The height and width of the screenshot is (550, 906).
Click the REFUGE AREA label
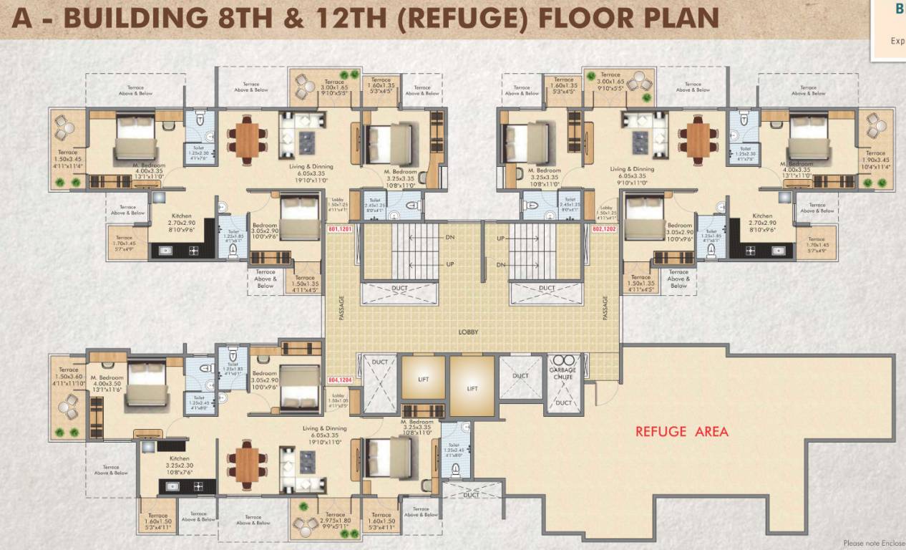click(681, 431)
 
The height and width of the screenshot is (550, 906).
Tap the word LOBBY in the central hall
click(469, 332)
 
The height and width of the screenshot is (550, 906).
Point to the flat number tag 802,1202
click(604, 229)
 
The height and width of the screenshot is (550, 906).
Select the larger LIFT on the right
click(472, 388)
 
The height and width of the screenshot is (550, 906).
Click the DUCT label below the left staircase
click(400, 289)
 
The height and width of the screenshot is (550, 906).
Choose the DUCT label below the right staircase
click(547, 289)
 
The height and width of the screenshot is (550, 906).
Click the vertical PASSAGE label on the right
click(605, 308)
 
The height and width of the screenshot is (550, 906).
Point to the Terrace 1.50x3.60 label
click(69, 380)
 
